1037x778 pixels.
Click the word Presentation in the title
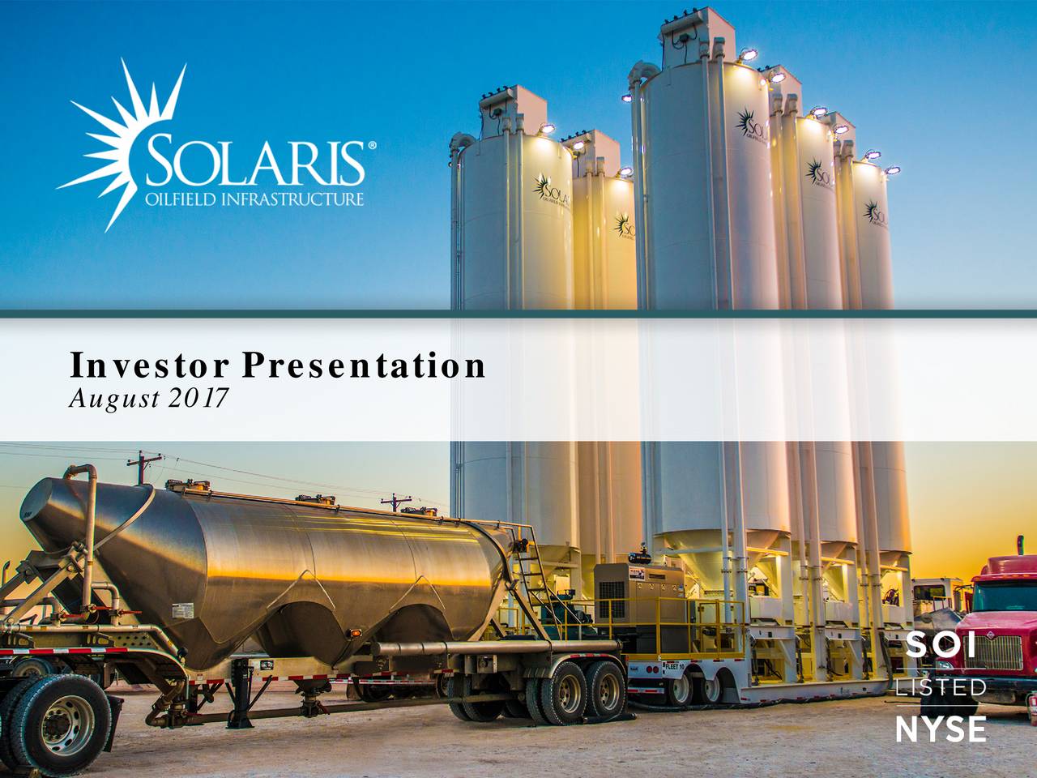point(365,365)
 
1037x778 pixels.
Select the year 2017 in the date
point(199,398)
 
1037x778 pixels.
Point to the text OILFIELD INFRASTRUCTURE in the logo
point(254,199)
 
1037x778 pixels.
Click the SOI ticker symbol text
point(941,647)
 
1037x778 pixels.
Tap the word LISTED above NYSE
point(941,687)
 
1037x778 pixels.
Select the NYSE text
point(941,729)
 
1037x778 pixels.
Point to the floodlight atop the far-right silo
point(892,171)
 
